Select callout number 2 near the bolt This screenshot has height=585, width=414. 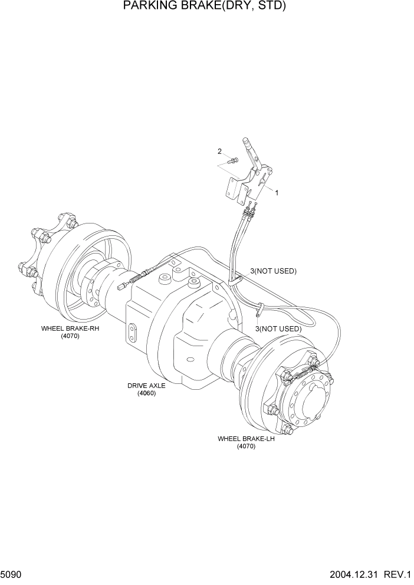[219, 152]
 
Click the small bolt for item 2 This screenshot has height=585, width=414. [234, 160]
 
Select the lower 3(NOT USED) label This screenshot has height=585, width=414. [278, 328]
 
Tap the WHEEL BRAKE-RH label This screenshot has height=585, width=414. [70, 328]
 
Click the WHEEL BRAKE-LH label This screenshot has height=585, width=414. [246, 439]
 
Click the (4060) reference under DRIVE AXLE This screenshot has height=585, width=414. [146, 393]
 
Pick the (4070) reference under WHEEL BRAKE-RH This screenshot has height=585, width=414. [70, 336]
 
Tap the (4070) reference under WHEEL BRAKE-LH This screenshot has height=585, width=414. [246, 447]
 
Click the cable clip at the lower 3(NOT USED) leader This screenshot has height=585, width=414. [260, 307]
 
